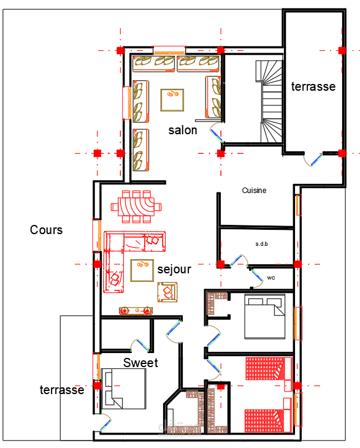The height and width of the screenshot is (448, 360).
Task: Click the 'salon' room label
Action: (x=183, y=131)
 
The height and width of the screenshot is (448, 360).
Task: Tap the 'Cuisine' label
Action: (x=254, y=190)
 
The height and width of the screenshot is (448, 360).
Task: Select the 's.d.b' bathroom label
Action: (x=262, y=244)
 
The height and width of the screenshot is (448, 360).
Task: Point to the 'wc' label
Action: (x=271, y=278)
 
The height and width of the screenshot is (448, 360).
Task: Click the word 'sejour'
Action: (x=174, y=269)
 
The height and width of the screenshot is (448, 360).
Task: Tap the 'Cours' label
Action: (x=47, y=230)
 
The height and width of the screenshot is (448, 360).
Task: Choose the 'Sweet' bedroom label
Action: (x=140, y=363)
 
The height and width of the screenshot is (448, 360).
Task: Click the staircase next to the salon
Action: (x=269, y=101)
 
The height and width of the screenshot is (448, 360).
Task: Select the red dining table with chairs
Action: (x=136, y=207)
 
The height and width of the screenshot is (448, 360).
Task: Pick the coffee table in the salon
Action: (x=172, y=100)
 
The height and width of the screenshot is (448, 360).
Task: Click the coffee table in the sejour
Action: (x=142, y=270)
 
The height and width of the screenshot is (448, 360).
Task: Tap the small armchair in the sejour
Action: (x=167, y=292)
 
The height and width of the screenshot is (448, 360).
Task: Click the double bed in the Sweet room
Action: (x=123, y=389)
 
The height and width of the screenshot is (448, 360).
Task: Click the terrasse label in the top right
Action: (x=313, y=86)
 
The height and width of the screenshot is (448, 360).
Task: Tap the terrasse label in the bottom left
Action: (x=62, y=390)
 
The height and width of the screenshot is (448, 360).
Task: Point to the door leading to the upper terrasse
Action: (x=313, y=159)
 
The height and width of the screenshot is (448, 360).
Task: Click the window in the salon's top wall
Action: (x=169, y=51)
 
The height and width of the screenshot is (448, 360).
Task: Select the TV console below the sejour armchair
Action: (x=136, y=311)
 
